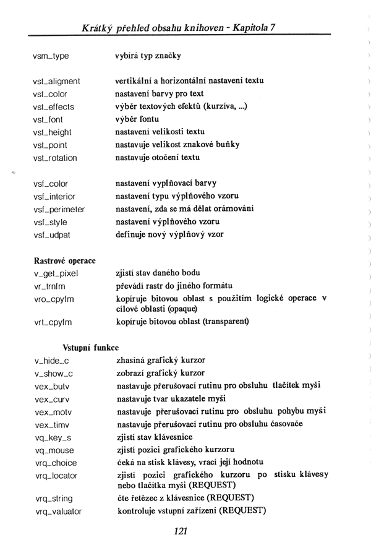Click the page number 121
181,531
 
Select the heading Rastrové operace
64,260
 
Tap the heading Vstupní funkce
91,348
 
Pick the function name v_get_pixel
56,273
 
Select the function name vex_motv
53,412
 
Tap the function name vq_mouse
54,450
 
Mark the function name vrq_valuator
58,512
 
